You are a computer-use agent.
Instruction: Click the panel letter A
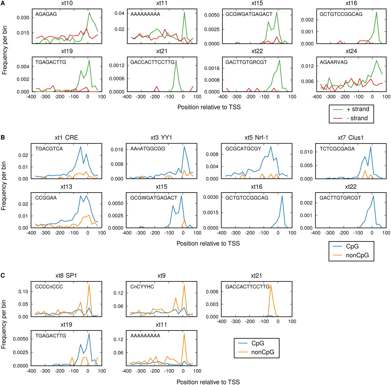click(3, 3)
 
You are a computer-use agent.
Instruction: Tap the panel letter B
click(3, 137)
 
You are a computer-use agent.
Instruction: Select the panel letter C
click(3, 276)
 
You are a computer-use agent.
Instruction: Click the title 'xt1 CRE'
click(66, 138)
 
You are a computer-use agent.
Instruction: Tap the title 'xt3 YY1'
click(161, 138)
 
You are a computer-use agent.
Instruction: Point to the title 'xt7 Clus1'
click(351, 138)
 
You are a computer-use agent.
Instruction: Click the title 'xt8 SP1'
click(66, 276)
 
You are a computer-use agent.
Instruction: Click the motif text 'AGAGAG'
click(46, 14)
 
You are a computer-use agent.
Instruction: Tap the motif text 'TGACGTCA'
click(49, 149)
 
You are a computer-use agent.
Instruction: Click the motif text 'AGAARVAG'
click(334, 62)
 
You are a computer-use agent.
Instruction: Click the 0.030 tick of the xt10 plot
click(23, 18)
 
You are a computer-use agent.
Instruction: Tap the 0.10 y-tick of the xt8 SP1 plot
click(23, 291)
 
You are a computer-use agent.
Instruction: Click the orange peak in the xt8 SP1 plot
click(89, 285)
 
